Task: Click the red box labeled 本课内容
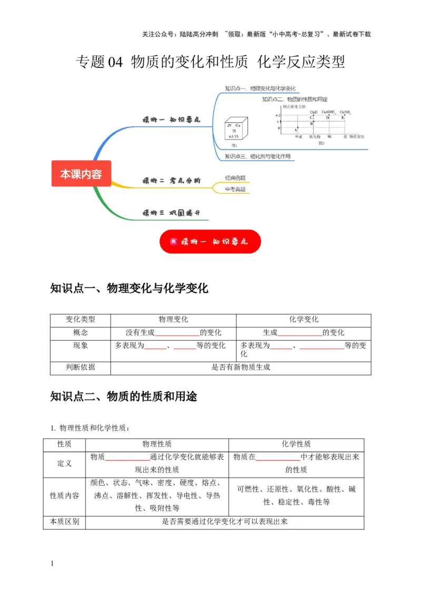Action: pyautogui.click(x=81, y=174)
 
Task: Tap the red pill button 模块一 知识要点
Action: pyautogui.click(x=210, y=242)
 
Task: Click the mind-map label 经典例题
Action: pyautogui.click(x=235, y=177)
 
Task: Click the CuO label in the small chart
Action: pyautogui.click(x=314, y=112)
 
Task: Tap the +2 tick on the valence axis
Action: pyautogui.click(x=277, y=115)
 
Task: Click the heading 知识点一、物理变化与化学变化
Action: pyautogui.click(x=129, y=289)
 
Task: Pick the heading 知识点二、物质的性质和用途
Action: pyautogui.click(x=124, y=397)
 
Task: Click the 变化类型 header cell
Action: pyautogui.click(x=81, y=320)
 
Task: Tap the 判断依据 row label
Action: pyautogui.click(x=81, y=367)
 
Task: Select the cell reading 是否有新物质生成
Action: pyautogui.click(x=240, y=367)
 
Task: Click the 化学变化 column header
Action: pyautogui.click(x=304, y=320)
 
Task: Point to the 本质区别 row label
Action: pyautogui.click(x=64, y=522)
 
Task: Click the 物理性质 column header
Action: pyautogui.click(x=157, y=444)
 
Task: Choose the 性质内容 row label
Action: pyautogui.click(x=64, y=495)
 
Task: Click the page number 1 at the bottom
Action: pyautogui.click(x=52, y=564)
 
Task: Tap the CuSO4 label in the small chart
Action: pyautogui.click(x=345, y=112)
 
